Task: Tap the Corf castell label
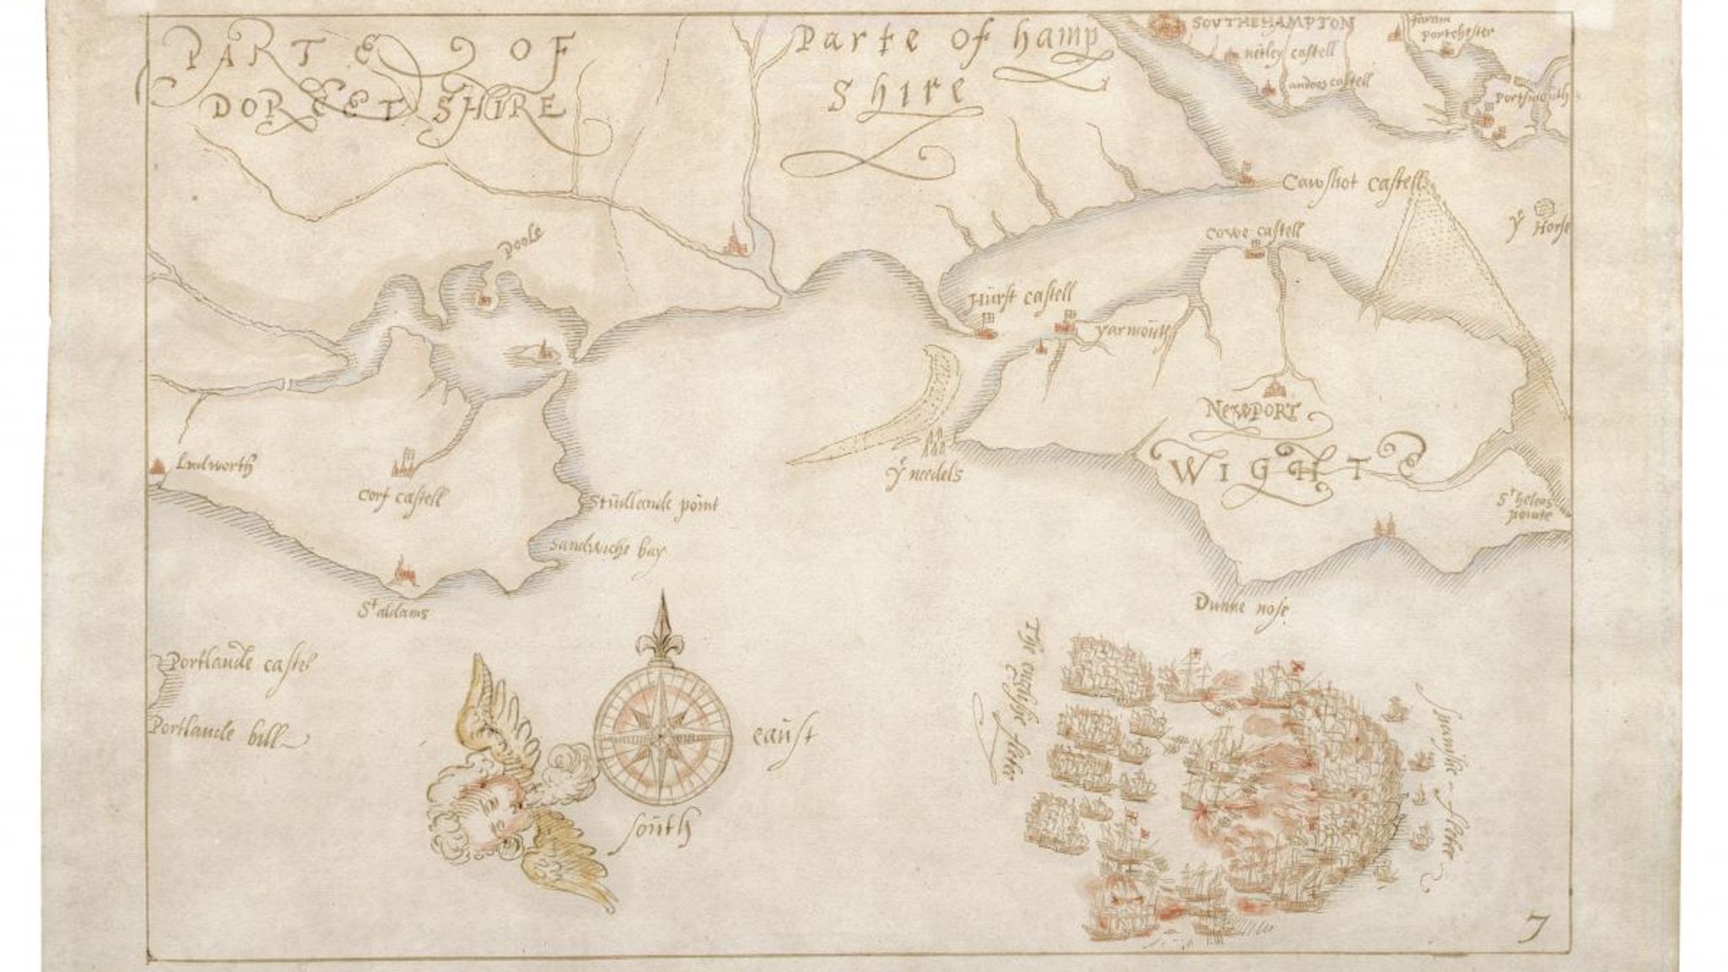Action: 402,499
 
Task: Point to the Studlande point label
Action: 648,505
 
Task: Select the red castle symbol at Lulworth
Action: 156,468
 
